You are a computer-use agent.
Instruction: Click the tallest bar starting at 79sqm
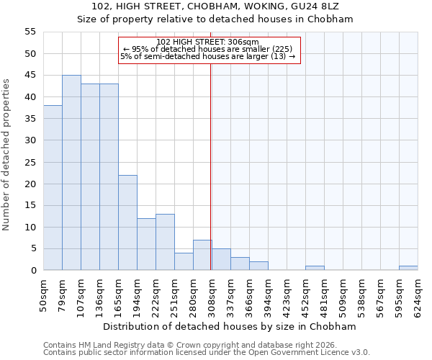[x=71, y=173]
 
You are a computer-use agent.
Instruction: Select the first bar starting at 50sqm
[x=53, y=188]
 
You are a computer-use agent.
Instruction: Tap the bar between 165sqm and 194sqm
[x=127, y=222]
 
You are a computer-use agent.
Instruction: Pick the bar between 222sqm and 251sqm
[x=165, y=242]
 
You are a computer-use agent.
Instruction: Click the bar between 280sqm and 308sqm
[x=202, y=255]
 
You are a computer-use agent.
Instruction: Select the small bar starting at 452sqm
[x=315, y=268]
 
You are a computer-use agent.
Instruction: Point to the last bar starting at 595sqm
[x=408, y=268]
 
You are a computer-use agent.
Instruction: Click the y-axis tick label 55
[x=30, y=32]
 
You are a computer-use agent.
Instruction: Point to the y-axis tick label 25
[x=30, y=162]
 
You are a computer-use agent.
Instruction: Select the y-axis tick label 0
[x=33, y=271]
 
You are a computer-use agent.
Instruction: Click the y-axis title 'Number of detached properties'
[x=6, y=155]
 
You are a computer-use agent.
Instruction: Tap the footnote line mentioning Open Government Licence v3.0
[x=207, y=352]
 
